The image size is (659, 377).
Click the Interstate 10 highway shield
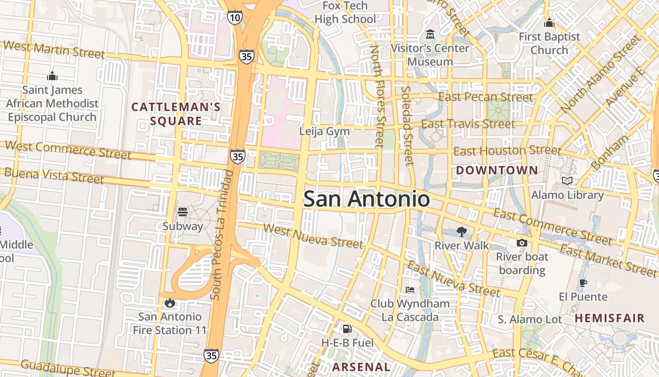234,18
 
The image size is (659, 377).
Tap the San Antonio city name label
366,199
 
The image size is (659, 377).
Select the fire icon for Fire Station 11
170,303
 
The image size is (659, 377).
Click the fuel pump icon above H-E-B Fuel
347,328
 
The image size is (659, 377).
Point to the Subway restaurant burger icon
183,212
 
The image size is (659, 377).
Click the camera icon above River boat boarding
522,243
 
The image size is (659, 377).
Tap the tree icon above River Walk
461,231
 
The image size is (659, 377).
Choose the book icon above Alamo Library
567,180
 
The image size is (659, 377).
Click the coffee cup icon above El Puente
583,283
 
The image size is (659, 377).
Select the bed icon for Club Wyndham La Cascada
410,289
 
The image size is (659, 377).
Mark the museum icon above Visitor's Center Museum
430,34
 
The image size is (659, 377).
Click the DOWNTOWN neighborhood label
497,170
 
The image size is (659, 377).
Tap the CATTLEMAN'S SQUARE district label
176,114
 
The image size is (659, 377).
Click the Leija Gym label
325,131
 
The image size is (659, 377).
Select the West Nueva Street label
313,236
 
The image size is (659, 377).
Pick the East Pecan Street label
485,97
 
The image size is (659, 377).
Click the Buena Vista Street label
54,175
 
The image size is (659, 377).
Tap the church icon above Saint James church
52,76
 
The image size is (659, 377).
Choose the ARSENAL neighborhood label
362,367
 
